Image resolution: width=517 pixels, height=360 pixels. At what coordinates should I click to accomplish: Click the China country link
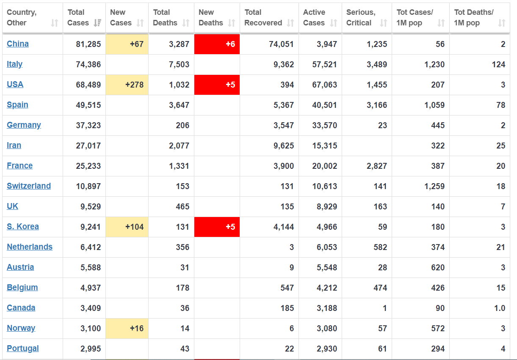point(18,44)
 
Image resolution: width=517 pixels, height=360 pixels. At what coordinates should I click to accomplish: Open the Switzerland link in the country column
point(29,186)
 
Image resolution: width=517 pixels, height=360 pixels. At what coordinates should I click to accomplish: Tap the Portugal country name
point(23,349)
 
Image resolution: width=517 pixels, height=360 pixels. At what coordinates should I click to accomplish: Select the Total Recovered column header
point(263,17)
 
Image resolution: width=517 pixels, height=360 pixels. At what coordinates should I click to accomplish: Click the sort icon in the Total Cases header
point(97,23)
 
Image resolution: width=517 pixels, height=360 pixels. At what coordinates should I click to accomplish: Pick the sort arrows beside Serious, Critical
point(383,23)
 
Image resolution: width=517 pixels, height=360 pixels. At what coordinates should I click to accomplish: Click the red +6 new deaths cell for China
point(217,44)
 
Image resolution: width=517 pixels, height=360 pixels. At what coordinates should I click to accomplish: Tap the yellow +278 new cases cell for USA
point(127,85)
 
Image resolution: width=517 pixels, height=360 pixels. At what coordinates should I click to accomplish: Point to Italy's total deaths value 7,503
point(179,64)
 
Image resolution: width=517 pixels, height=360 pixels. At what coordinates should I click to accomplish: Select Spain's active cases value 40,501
point(324,105)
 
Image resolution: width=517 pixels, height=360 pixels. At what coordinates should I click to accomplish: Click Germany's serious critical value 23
point(382,125)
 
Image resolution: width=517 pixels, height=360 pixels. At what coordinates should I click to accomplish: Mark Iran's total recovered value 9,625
point(284,146)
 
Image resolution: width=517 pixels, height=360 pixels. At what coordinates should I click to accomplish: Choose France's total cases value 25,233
point(88,166)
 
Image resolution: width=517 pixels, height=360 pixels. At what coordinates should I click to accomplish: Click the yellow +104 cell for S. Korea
point(127,227)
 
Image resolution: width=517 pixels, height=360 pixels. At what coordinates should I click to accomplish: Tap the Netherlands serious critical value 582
point(380,247)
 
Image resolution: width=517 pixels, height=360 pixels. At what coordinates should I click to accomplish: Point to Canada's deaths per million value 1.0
point(500,308)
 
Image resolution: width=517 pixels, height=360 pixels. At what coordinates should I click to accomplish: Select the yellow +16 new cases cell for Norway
point(127,328)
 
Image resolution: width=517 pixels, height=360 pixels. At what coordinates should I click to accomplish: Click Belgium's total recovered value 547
point(287,288)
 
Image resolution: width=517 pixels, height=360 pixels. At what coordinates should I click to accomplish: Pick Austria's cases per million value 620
point(438,267)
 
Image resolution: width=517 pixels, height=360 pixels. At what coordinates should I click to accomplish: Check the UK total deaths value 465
point(182,206)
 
